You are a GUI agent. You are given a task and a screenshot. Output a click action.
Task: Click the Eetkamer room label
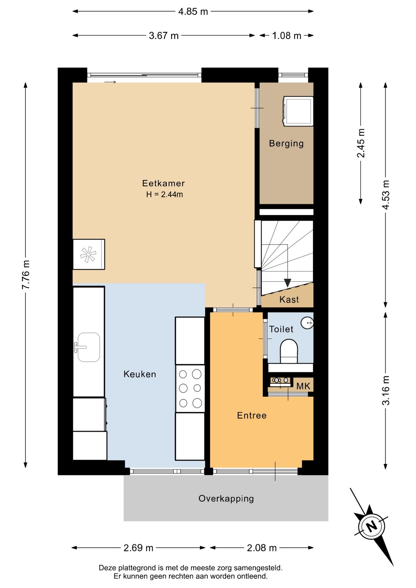click(x=163, y=183)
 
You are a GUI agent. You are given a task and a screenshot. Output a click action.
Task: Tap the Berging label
click(x=286, y=143)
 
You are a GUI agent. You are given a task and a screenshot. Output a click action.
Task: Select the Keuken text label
click(x=140, y=374)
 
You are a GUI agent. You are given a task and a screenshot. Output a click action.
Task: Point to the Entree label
click(x=252, y=415)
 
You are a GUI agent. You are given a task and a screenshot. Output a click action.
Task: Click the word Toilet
click(x=281, y=329)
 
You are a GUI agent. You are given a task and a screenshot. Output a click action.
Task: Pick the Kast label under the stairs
click(x=289, y=299)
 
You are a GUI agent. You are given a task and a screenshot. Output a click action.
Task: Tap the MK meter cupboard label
click(x=303, y=386)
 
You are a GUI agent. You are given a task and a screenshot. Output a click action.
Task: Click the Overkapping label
click(x=226, y=499)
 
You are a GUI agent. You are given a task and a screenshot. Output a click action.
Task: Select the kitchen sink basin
click(x=89, y=347)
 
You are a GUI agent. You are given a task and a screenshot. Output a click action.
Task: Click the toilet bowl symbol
click(x=289, y=351)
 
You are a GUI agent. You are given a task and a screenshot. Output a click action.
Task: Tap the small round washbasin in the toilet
click(x=307, y=322)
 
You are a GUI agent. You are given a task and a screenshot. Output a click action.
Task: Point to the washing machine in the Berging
click(x=298, y=111)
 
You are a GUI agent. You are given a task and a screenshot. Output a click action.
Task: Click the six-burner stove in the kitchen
click(x=190, y=388)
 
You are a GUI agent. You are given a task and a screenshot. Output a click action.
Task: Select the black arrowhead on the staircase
click(x=287, y=283)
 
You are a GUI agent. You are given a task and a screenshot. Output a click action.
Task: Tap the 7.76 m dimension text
click(x=26, y=275)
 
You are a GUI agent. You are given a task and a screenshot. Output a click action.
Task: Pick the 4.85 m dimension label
click(x=193, y=12)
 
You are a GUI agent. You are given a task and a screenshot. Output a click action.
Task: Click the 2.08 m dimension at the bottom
click(x=262, y=548)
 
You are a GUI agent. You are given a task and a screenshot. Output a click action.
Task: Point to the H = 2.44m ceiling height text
click(x=165, y=194)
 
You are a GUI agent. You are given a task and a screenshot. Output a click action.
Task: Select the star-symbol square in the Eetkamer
click(x=89, y=254)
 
